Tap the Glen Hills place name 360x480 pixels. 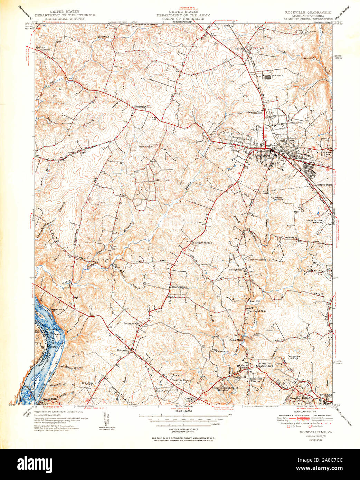[x=162, y=180]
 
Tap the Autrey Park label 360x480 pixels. [x=324, y=185]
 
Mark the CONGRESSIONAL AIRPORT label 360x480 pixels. [x=314, y=222]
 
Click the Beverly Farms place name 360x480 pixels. [x=201, y=242]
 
